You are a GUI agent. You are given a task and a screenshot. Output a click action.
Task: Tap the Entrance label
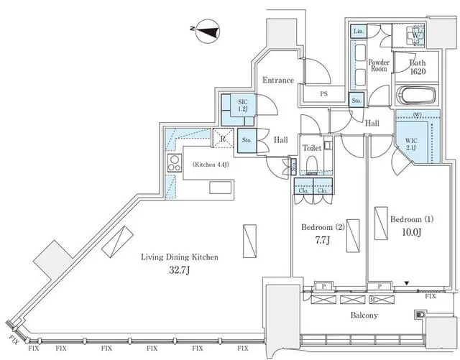pyautogui.click(x=277, y=80)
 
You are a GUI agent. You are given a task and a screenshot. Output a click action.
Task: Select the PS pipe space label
pyautogui.click(x=323, y=93)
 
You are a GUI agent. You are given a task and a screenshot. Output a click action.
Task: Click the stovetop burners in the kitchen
pyautogui.click(x=174, y=164)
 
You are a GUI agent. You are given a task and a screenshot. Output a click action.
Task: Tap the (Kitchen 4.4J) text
pyautogui.click(x=211, y=165)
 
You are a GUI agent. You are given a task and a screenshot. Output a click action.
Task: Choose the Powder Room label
pyautogui.click(x=379, y=65)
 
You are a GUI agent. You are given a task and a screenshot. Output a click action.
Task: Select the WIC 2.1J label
pyautogui.click(x=411, y=144)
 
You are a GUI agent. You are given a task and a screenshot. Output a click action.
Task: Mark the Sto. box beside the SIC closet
pyautogui.click(x=246, y=139)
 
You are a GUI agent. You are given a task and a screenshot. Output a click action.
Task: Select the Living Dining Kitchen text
pyautogui.click(x=180, y=257)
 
